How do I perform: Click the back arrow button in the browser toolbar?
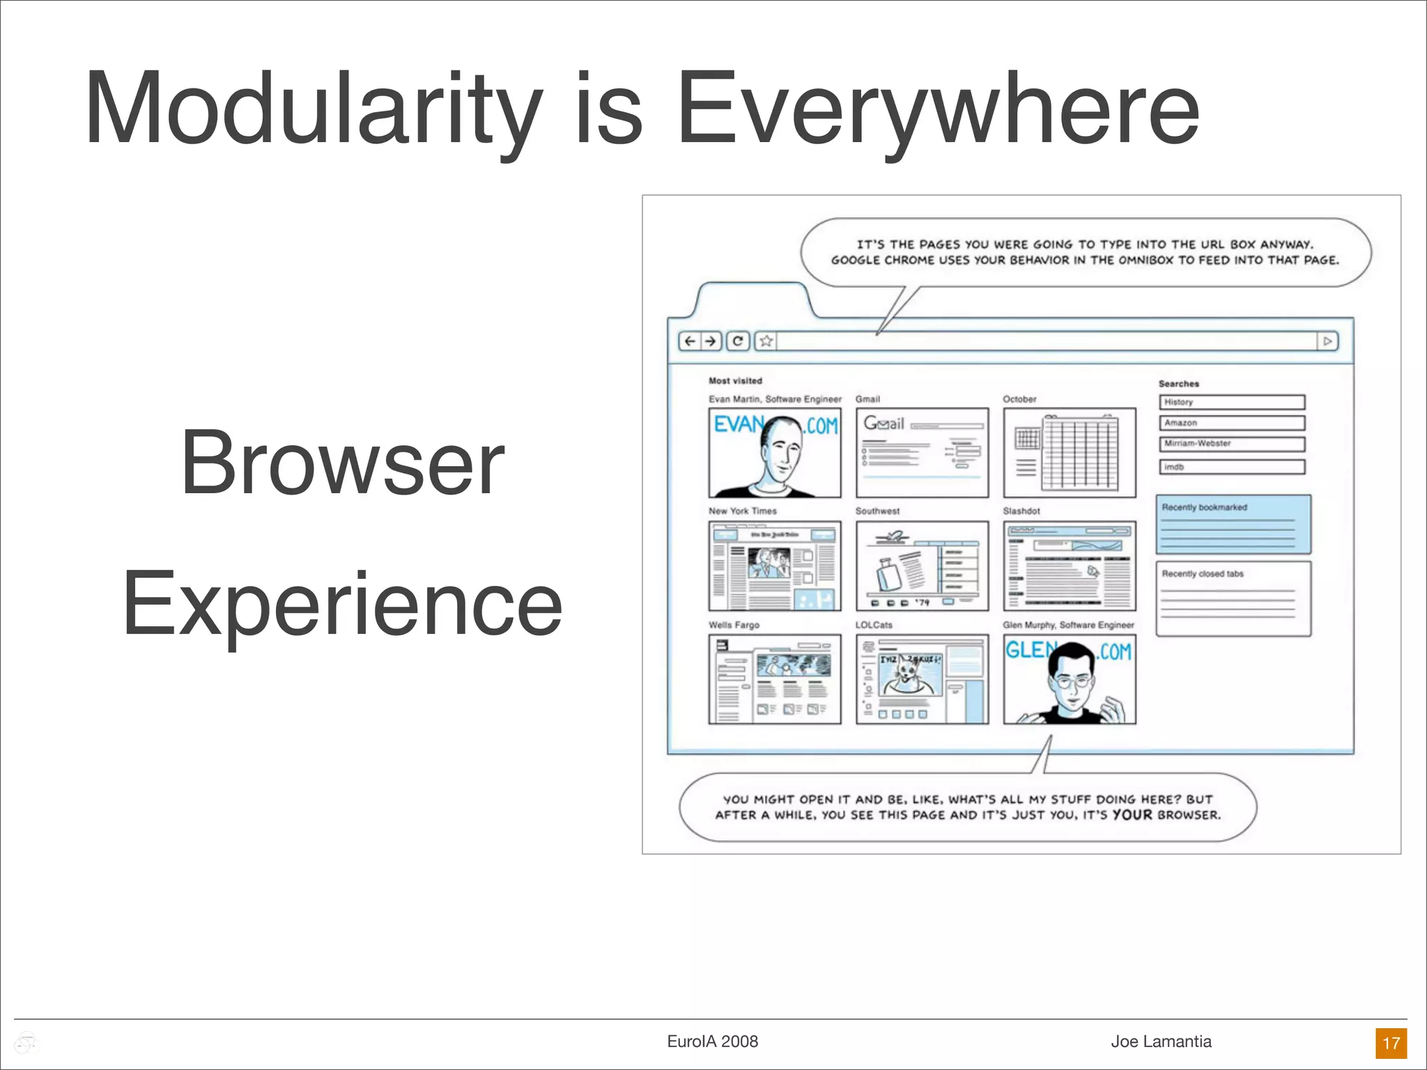tap(690, 341)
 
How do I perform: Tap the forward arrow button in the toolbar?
tap(710, 341)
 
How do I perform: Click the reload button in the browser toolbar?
tap(738, 341)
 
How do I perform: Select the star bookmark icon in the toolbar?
tap(766, 341)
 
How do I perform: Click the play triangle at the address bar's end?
tap(1327, 341)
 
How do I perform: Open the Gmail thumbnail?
tap(922, 453)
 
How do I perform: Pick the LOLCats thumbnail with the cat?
tap(922, 679)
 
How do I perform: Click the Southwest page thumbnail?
tap(922, 566)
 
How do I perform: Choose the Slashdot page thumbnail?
tap(1070, 566)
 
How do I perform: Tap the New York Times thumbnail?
tap(775, 566)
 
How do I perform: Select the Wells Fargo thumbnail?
tap(775, 679)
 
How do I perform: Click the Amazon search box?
tap(1232, 423)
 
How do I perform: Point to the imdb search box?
tap(1232, 467)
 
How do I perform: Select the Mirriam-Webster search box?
tap(1232, 444)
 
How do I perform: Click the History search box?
tap(1232, 402)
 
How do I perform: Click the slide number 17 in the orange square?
tap(1391, 1043)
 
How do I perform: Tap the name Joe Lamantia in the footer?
tap(1161, 1041)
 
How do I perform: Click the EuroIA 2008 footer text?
tap(712, 1041)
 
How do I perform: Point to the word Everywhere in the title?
tap(938, 109)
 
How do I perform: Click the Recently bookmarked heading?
tap(1204, 507)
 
